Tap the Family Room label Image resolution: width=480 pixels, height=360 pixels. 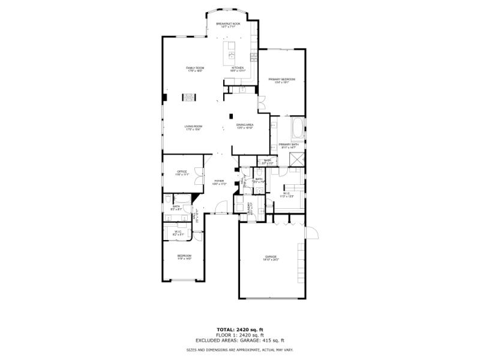point(194,70)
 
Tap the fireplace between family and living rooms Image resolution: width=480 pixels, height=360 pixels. point(190,95)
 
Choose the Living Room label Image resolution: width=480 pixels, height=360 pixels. point(193,127)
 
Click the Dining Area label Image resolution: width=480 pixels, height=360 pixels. point(245,126)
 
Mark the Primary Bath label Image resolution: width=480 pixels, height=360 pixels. point(289,145)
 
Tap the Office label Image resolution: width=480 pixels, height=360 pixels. point(182,173)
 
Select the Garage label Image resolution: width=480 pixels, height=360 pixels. point(271,258)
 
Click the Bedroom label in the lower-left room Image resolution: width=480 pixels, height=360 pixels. point(184,257)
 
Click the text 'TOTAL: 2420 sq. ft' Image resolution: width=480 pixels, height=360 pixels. point(239,329)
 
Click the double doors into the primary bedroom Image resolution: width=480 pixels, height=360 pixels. point(262,103)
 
